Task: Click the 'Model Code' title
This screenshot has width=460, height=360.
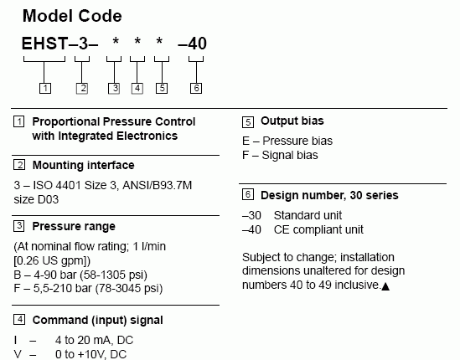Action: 72,16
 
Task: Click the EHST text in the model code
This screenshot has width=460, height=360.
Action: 45,44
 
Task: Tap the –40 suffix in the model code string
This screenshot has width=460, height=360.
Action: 193,44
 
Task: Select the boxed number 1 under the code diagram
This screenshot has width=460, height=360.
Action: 45,88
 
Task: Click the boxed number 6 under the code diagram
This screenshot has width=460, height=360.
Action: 196,88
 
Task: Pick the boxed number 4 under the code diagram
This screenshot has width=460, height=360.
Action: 137,88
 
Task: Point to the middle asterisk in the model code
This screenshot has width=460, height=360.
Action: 137,41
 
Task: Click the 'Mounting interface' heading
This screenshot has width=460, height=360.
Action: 83,165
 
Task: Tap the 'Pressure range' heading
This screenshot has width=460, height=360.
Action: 74,226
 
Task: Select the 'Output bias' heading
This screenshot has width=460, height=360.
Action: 292,121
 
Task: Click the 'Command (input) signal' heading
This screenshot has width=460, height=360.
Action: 98,320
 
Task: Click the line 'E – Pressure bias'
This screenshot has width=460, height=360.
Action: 287,141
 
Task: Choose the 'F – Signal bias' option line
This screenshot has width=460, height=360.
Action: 280,155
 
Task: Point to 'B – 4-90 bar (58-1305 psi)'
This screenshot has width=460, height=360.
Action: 80,275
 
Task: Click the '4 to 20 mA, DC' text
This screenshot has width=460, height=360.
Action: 94,340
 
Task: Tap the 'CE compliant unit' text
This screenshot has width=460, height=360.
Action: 318,229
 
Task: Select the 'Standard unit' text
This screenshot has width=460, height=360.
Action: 308,215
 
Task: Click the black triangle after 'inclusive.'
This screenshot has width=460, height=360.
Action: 385,286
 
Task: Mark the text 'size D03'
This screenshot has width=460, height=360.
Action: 36,199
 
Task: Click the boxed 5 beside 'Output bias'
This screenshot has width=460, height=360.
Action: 248,122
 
